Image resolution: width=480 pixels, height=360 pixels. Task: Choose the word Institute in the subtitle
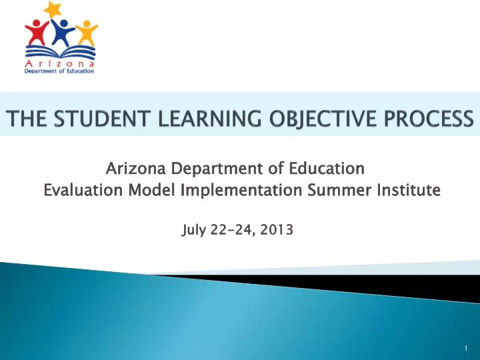click(x=407, y=191)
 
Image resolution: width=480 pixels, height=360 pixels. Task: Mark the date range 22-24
click(x=231, y=231)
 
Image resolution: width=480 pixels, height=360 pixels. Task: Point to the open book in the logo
click(x=60, y=52)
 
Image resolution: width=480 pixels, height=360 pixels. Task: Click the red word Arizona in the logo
click(x=60, y=63)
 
